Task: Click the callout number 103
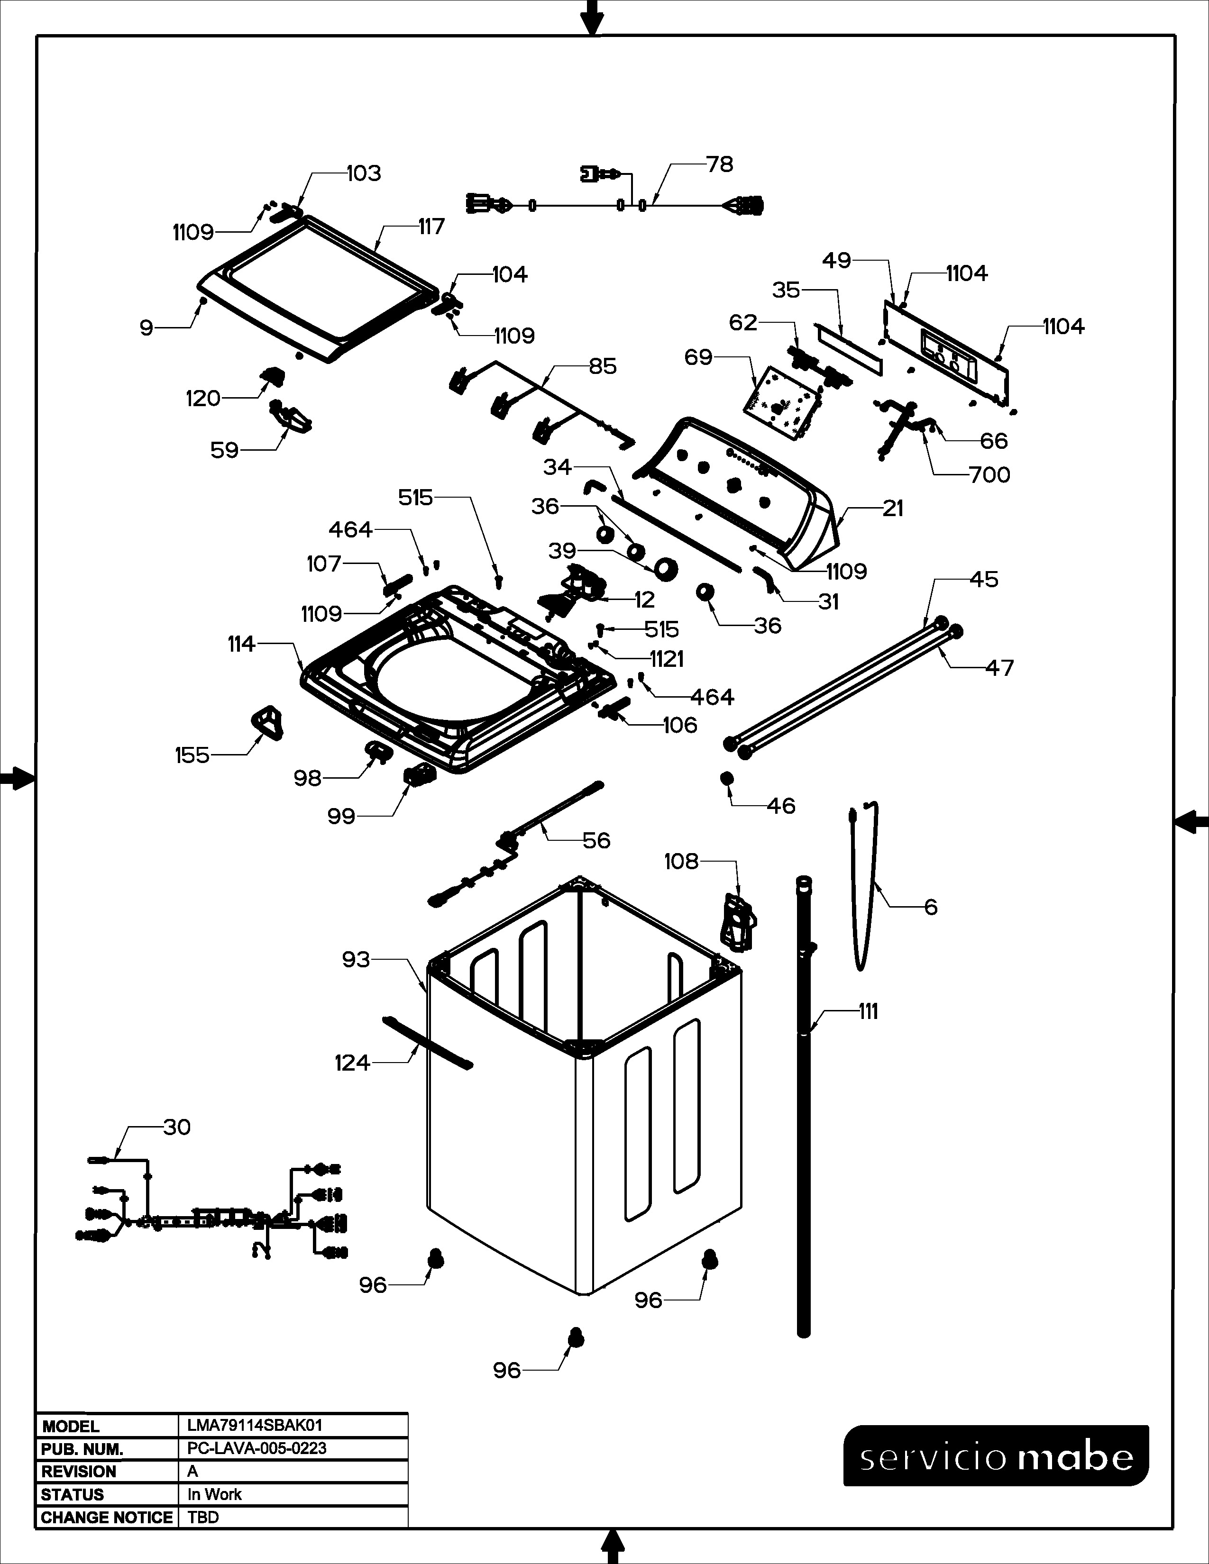click(364, 173)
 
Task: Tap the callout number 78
click(720, 165)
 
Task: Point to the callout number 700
click(989, 475)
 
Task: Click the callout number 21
click(892, 509)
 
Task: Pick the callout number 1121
click(666, 659)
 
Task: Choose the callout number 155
click(192, 755)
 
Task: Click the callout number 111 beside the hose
click(868, 1012)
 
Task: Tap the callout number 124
click(352, 1064)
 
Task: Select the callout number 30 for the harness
click(177, 1127)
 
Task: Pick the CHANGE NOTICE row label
click(107, 1518)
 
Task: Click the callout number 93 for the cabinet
click(356, 960)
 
